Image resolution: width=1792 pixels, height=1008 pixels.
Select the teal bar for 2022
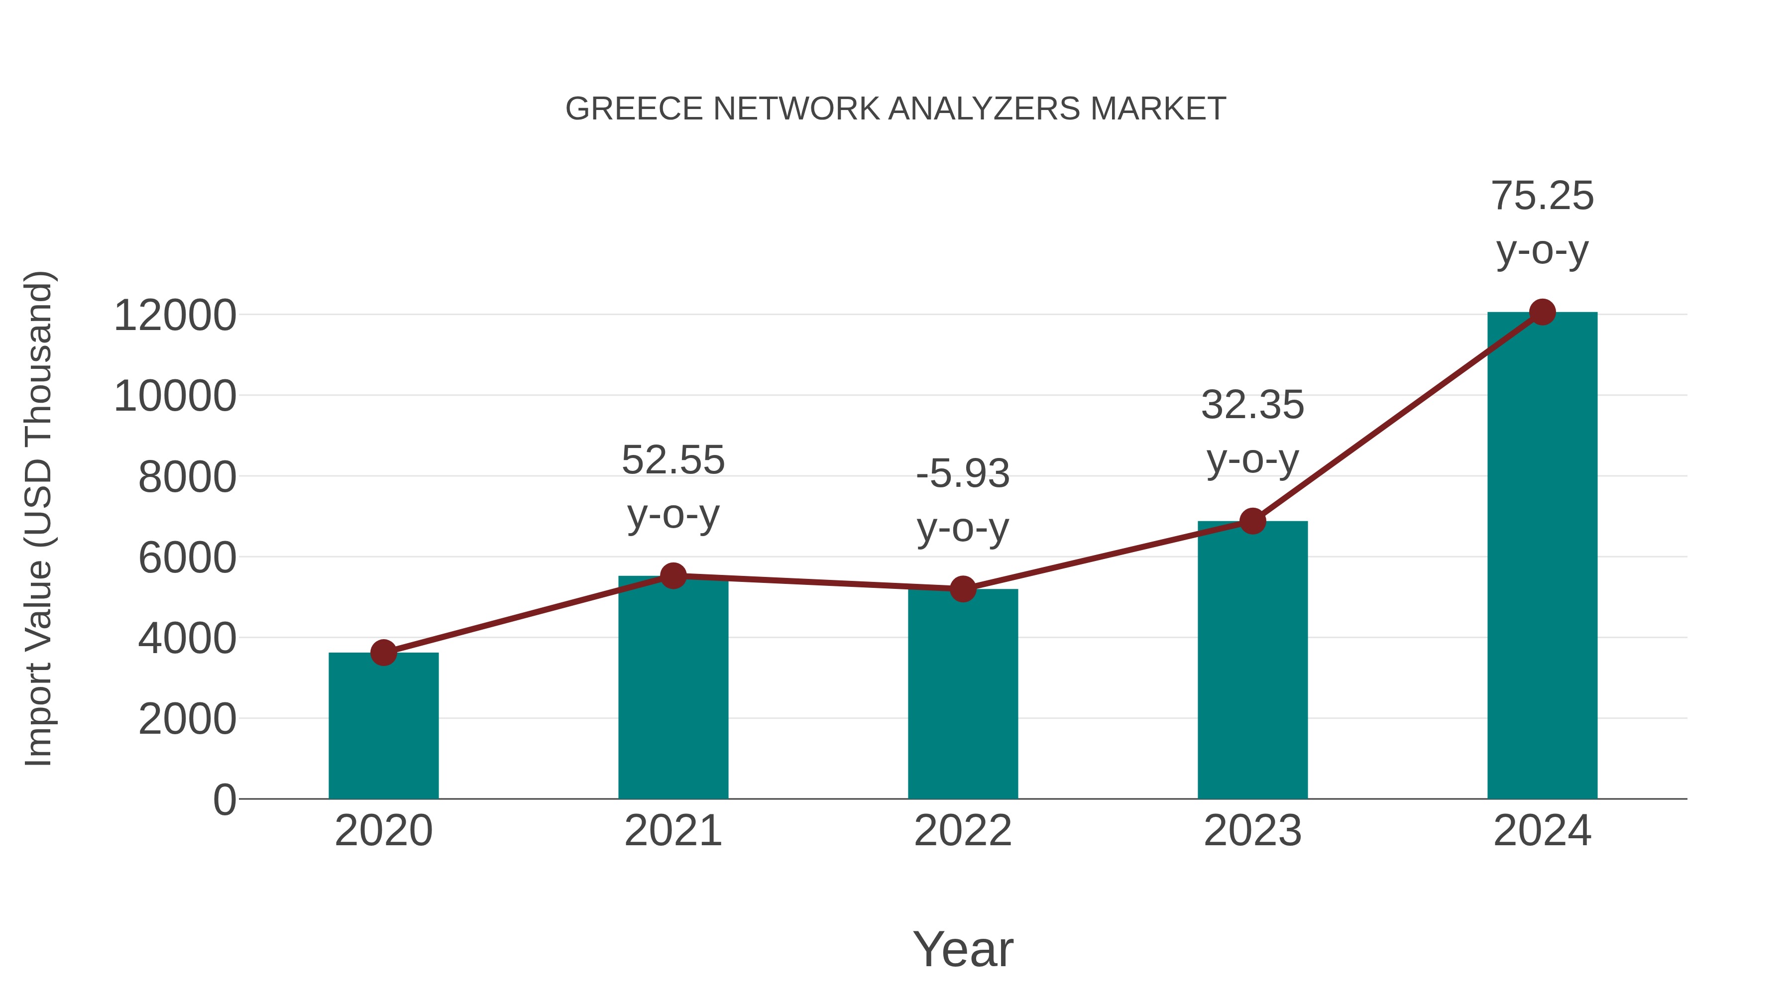(963, 696)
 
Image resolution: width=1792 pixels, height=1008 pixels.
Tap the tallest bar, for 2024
(1542, 557)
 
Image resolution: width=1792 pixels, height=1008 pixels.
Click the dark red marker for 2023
(1253, 521)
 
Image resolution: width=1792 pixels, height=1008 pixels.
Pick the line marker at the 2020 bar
(383, 653)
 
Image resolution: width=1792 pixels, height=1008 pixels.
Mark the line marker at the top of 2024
(1542, 312)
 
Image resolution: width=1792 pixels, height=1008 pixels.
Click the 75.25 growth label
(1542, 196)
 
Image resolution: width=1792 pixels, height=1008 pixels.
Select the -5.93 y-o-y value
(963, 474)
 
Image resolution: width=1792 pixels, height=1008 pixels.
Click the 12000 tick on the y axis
(175, 315)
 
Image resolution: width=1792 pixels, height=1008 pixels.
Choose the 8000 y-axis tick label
(187, 477)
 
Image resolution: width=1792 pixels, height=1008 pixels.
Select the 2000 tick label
(187, 719)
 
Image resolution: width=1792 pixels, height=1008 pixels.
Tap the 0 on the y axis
(224, 800)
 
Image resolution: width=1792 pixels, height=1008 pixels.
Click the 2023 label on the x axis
(1253, 831)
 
